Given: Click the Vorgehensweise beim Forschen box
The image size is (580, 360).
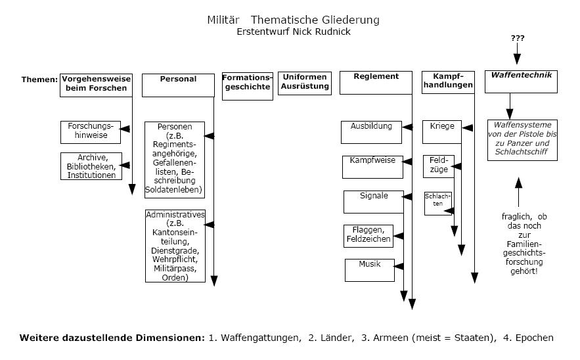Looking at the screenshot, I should click(x=94, y=84).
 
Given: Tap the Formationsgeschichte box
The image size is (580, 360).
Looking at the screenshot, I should click(x=247, y=85).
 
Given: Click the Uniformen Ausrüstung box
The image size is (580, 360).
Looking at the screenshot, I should click(x=304, y=83).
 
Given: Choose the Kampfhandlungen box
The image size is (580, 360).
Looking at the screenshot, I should click(x=448, y=81).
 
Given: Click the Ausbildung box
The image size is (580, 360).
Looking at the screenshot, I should click(x=370, y=131).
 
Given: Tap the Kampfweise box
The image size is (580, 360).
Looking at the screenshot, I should click(x=372, y=167).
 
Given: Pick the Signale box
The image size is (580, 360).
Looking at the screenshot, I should click(x=373, y=201).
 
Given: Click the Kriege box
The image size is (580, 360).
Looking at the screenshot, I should click(x=442, y=131).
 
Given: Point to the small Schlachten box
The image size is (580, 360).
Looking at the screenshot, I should click(x=437, y=203).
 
